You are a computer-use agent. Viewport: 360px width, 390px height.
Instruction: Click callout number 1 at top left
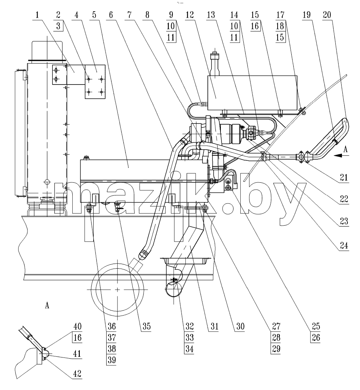click(37, 15)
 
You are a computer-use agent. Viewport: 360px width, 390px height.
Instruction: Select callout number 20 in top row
click(327, 15)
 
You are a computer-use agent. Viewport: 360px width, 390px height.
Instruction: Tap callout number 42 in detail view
click(77, 374)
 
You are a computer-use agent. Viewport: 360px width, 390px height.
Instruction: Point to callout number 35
click(147, 326)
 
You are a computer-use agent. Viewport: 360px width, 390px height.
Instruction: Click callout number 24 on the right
click(344, 246)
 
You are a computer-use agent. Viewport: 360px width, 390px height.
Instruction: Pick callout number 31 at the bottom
click(214, 326)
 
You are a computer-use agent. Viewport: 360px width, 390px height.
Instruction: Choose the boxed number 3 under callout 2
click(58, 26)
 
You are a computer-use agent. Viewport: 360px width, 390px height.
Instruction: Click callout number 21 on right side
click(344, 177)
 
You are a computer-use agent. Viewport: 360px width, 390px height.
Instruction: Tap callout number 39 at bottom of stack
click(112, 360)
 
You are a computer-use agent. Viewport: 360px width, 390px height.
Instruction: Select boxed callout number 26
click(316, 338)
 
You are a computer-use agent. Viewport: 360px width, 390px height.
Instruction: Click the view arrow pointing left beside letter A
click(341, 155)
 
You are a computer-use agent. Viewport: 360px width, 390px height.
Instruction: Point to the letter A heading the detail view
click(47, 305)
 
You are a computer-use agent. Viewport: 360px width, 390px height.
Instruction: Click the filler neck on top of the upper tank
click(215, 64)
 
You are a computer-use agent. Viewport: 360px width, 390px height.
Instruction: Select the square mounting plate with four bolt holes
click(95, 82)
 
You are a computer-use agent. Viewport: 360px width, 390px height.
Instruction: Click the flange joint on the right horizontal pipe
click(304, 157)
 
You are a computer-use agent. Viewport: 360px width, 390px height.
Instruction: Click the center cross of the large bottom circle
click(117, 290)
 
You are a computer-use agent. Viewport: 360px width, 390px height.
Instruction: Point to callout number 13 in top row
click(211, 15)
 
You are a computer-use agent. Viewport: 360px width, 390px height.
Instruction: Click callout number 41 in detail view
click(77, 354)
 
